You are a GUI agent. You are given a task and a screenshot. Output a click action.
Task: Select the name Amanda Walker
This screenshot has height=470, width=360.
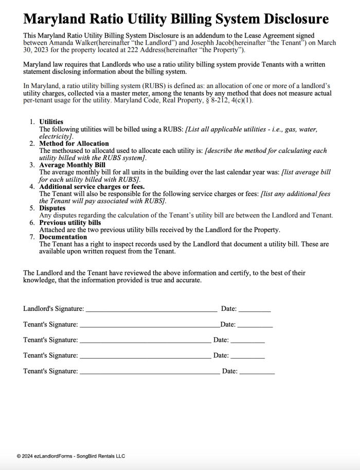(71, 43)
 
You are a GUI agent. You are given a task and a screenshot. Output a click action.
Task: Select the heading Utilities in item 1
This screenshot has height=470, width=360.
(51, 122)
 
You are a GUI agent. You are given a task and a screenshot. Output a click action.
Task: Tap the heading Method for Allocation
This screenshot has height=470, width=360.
(74, 144)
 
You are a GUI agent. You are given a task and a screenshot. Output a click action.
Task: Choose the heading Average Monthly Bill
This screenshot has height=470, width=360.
(72, 165)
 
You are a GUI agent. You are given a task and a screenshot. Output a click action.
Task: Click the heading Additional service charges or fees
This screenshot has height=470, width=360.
(92, 187)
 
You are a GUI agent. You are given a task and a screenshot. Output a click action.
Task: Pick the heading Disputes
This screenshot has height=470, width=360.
(52, 208)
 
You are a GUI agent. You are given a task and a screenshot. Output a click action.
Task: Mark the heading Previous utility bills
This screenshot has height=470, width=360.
(70, 222)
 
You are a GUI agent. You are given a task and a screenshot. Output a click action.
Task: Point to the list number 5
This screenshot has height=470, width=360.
(32, 208)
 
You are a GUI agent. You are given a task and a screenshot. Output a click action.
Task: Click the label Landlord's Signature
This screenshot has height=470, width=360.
(53, 309)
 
